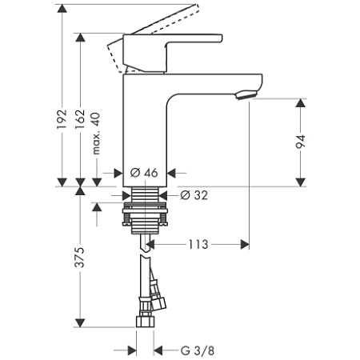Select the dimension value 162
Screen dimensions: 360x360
(81, 118)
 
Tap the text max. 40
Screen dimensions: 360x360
(97, 130)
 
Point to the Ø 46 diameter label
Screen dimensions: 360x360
(145, 172)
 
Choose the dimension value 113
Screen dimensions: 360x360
(198, 246)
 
